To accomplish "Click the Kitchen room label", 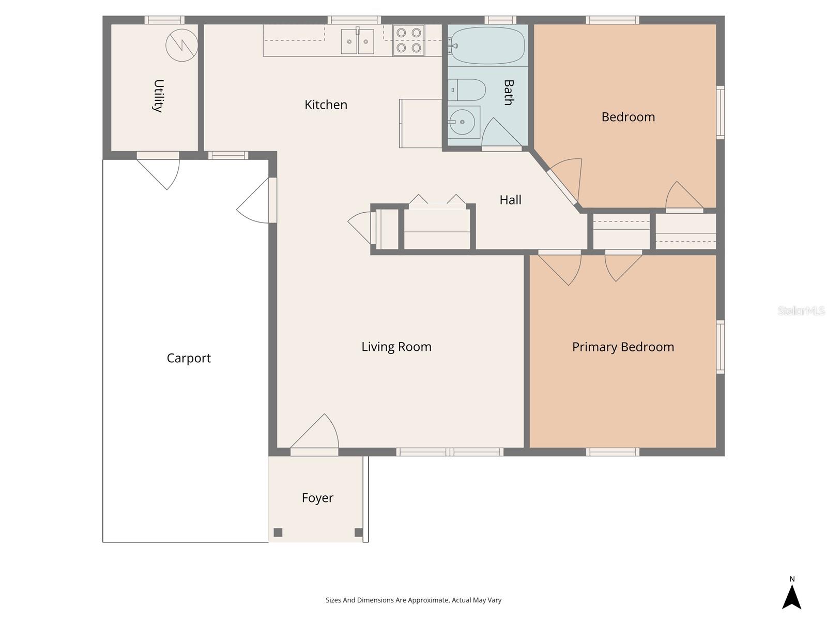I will pyautogui.click(x=326, y=105).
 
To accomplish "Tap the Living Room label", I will pyautogui.click(x=396, y=347).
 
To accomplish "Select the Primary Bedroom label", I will pyautogui.click(x=623, y=347).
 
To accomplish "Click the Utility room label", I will pyautogui.click(x=158, y=96).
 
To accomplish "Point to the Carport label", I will pyautogui.click(x=189, y=358).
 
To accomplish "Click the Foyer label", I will pyautogui.click(x=317, y=498).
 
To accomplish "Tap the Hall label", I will pyautogui.click(x=510, y=200).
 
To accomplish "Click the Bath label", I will pyautogui.click(x=508, y=92).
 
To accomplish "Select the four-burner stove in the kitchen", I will pyautogui.click(x=408, y=40).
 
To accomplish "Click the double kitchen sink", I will pyautogui.click(x=357, y=41).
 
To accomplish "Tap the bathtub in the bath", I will pyautogui.click(x=486, y=46).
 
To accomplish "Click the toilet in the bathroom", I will pyautogui.click(x=466, y=90).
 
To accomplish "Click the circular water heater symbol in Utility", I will pyautogui.click(x=181, y=46).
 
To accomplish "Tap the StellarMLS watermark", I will pyautogui.click(x=801, y=310).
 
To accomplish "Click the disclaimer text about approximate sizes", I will pyautogui.click(x=413, y=600).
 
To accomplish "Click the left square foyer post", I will pyautogui.click(x=278, y=533).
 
